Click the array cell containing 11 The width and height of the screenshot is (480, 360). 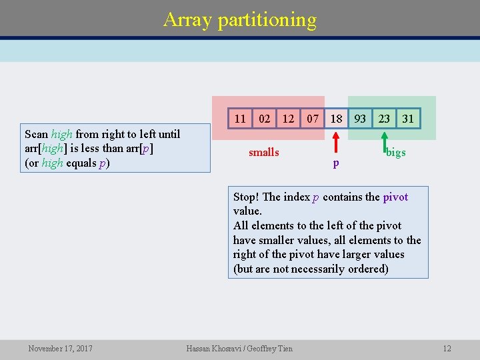pos(240,119)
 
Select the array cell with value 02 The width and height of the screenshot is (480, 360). pos(265,119)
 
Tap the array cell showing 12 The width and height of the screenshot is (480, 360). pos(288,119)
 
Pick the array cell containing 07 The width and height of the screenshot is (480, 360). pos(312,119)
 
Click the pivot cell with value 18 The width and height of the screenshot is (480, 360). pos(337,119)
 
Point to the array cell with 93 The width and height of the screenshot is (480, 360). pos(360,119)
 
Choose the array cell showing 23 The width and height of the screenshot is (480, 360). pos(385,119)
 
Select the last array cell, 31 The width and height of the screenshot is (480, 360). pos(408,119)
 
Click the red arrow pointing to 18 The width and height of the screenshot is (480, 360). pos(336,143)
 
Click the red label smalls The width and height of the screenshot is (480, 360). pos(264,153)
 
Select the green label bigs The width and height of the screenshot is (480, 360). pos(397,153)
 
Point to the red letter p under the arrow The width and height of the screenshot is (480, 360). pos(336,163)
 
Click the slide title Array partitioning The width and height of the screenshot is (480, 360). pos(240,19)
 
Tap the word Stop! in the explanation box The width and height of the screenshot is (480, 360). pos(247,197)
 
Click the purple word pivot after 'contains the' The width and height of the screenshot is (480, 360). pos(395,197)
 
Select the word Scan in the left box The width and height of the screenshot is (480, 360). pos(36,134)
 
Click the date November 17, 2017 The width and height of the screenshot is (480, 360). pos(61,348)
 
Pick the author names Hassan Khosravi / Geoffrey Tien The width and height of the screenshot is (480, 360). pos(239,348)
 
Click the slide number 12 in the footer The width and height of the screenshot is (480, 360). pos(447,348)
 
